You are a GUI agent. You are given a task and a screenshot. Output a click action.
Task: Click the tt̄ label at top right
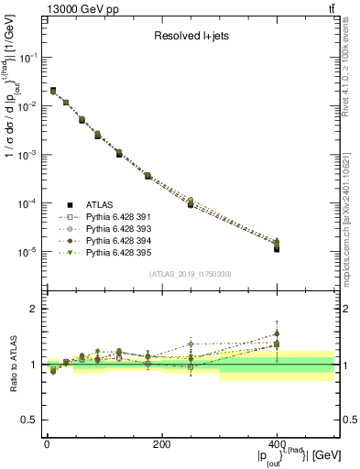(331, 8)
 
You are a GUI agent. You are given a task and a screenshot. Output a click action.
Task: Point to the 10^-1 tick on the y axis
(28, 57)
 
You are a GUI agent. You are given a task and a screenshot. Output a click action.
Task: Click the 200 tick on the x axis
(161, 444)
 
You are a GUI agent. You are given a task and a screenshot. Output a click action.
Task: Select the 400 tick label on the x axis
(277, 444)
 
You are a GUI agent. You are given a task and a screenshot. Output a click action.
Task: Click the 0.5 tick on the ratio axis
(31, 420)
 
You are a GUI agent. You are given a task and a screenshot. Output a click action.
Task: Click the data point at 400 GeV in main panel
(277, 247)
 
